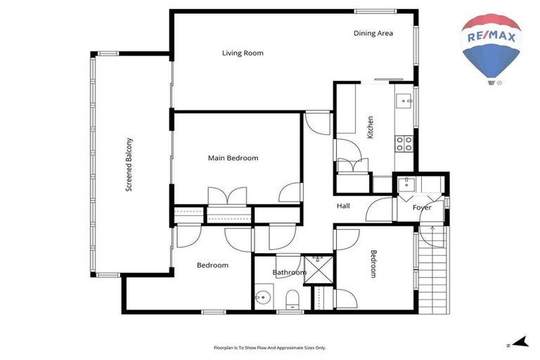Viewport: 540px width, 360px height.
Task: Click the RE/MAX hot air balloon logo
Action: [x=490, y=46]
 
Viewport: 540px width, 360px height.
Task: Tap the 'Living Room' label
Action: [x=243, y=53]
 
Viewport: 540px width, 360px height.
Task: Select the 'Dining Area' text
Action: [x=373, y=33]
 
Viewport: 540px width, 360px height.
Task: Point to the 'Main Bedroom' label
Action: [x=233, y=158]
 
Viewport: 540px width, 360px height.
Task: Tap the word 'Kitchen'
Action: [x=370, y=127]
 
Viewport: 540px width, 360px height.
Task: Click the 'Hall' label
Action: [x=343, y=206]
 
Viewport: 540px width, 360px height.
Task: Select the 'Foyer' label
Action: [x=422, y=207]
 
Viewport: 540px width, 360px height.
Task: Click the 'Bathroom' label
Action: [x=289, y=272]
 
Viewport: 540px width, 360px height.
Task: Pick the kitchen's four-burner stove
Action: [x=404, y=143]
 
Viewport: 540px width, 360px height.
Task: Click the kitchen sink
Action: [x=405, y=101]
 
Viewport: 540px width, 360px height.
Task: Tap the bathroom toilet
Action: [x=292, y=300]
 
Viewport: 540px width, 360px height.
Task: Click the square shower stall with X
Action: [x=317, y=271]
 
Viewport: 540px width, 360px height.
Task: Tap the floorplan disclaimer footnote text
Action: [x=270, y=347]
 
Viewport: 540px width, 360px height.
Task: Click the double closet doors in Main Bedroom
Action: [x=227, y=196]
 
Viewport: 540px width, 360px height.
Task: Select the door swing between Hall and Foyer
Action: [x=379, y=208]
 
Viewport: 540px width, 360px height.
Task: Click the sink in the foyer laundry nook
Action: [x=406, y=184]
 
